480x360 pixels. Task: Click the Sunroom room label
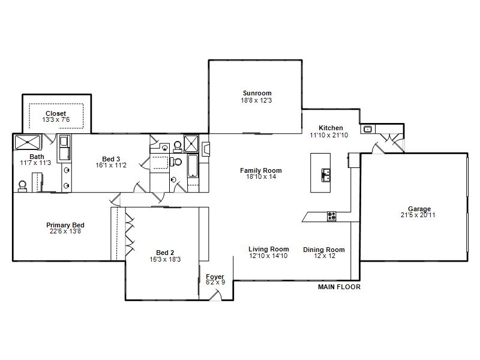(257, 93)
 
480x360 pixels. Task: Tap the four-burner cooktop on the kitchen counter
(332, 217)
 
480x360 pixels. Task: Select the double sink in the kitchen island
(325, 175)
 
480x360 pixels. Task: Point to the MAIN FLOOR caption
(339, 287)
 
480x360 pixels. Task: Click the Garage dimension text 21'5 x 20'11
(418, 215)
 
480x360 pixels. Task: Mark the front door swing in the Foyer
(215, 295)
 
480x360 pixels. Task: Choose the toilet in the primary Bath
(22, 187)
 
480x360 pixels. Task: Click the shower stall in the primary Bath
(28, 142)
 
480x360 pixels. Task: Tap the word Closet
(56, 113)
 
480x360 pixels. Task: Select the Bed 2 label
(165, 253)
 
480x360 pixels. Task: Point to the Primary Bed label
(65, 225)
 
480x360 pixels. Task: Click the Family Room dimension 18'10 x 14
(261, 176)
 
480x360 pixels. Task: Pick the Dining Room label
(324, 250)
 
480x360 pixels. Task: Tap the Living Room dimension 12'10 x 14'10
(268, 256)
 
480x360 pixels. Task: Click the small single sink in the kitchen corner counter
(367, 129)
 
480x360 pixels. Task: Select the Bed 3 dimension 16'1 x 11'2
(111, 166)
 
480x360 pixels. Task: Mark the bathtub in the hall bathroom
(193, 166)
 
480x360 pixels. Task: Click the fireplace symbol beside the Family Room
(206, 149)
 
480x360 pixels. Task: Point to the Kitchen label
(331, 128)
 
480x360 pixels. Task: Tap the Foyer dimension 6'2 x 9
(215, 282)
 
